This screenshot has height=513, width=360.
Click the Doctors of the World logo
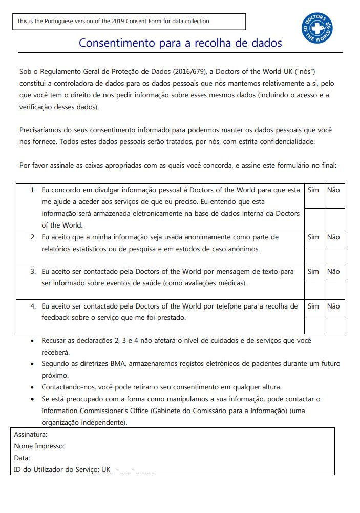click(x=317, y=28)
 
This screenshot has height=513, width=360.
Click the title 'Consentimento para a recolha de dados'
click(x=180, y=43)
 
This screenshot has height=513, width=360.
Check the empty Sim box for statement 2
click(x=314, y=256)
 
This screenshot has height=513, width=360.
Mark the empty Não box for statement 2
click(x=334, y=256)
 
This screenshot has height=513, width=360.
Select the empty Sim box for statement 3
click(x=314, y=290)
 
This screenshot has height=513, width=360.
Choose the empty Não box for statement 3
click(x=334, y=290)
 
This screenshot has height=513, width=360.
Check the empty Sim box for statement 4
click(x=314, y=325)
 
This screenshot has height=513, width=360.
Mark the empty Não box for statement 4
click(x=334, y=325)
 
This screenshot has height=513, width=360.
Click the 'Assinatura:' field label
click(x=31, y=435)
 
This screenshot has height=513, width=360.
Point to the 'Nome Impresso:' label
click(x=39, y=446)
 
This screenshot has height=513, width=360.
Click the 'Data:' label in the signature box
click(x=22, y=458)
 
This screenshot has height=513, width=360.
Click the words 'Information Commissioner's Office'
click(x=92, y=411)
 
